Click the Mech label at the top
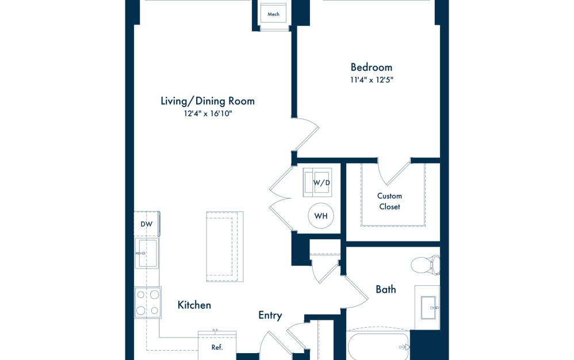(x=273, y=14)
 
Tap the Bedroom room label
(x=371, y=67)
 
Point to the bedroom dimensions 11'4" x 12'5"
(x=372, y=80)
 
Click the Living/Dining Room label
(x=207, y=101)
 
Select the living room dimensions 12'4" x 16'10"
(x=207, y=114)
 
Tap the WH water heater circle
(x=320, y=217)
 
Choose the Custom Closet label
(x=389, y=201)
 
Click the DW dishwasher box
(x=146, y=224)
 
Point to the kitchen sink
(x=147, y=253)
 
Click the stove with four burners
(x=147, y=302)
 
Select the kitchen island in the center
(x=224, y=247)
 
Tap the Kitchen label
(x=194, y=305)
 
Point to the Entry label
(x=270, y=315)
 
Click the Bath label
(x=385, y=289)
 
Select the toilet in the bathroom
(x=426, y=265)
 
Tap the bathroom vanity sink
(x=428, y=307)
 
